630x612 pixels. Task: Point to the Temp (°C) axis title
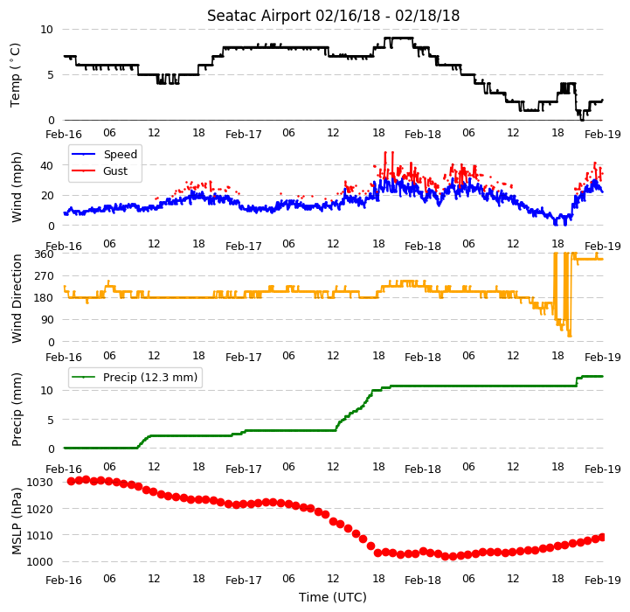15,75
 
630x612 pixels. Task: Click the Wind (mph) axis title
17,187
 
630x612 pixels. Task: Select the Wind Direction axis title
17,298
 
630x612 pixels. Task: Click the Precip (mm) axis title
17,409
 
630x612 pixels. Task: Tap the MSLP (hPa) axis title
17,521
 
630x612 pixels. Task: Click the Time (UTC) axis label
333,597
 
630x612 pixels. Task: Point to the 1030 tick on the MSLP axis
40,482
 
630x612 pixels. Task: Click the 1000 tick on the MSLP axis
40,562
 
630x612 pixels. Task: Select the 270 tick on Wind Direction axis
45,276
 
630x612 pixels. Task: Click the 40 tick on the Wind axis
47,165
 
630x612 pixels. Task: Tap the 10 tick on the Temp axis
46,30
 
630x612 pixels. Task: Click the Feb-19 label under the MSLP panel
603,581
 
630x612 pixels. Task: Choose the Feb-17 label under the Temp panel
244,135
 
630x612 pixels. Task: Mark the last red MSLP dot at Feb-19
602,537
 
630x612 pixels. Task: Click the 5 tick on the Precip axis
51,420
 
